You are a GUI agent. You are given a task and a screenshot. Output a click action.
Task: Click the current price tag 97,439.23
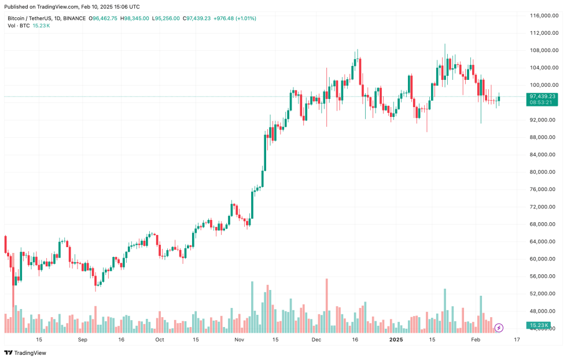pyautogui.click(x=542, y=96)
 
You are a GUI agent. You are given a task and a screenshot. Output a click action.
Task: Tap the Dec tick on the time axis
pyautogui.click(x=316, y=340)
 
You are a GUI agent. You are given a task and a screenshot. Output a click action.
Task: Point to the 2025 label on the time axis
pyautogui.click(x=396, y=340)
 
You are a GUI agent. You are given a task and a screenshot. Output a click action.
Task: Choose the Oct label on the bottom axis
pyautogui.click(x=159, y=340)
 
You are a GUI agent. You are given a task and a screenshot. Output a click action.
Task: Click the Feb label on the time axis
pyautogui.click(x=476, y=340)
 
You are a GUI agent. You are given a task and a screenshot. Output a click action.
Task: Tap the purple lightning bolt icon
pyautogui.click(x=499, y=328)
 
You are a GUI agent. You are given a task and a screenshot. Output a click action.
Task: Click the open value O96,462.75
pyautogui.click(x=104, y=19)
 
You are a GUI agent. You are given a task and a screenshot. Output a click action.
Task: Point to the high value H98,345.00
pyautogui.click(x=135, y=19)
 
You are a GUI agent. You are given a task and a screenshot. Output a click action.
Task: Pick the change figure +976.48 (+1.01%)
pyautogui.click(x=234, y=19)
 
